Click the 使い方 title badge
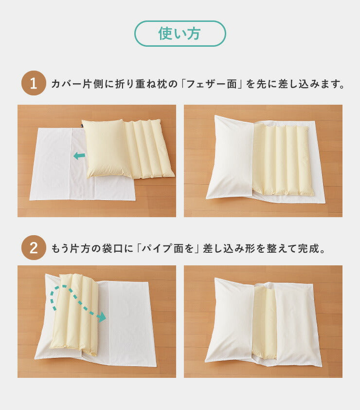click(180, 34)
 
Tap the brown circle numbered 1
click(34, 83)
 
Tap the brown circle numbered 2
click(34, 248)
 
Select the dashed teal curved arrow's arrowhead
click(101, 317)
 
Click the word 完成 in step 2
click(311, 249)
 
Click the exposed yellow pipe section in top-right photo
click(282, 160)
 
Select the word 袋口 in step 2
click(112, 249)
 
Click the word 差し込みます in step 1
click(311, 84)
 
